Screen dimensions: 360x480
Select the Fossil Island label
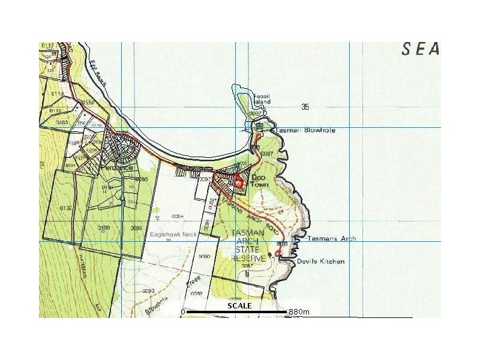pos(262,100)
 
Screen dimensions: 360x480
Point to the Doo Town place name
pos(258,182)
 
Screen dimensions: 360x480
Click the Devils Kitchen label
pos(320,262)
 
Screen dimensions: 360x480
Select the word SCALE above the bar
pos(239,306)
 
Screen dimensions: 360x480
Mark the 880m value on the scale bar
pos(298,312)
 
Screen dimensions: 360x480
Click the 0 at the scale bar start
pos(182,312)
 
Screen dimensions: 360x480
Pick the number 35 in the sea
pos(305,107)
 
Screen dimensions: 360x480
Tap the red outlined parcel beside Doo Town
pos(239,181)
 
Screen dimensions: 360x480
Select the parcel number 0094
pos(176,215)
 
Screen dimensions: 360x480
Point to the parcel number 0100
pos(103,228)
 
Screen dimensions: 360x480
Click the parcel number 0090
pos(205,256)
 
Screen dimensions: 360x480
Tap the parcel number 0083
pos(61,122)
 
